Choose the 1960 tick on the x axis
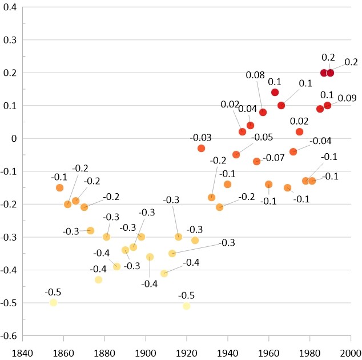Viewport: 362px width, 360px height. pos(269,335)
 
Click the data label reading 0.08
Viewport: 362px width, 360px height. pos(255,75)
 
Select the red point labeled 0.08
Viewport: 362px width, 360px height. pos(263,112)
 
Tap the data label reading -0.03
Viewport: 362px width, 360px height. pos(201,138)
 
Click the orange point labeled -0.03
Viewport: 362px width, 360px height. pos(201,148)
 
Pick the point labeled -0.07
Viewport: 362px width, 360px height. pos(257,162)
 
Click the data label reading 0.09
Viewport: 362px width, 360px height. pos(347,98)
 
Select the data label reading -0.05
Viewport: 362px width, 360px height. pos(263,137)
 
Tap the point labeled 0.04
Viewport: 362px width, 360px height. pos(250,125)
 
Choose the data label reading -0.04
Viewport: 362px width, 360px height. pos(320,141)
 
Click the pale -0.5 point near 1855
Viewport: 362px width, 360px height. pos(53,302)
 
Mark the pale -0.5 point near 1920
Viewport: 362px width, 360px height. pos(186,306)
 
